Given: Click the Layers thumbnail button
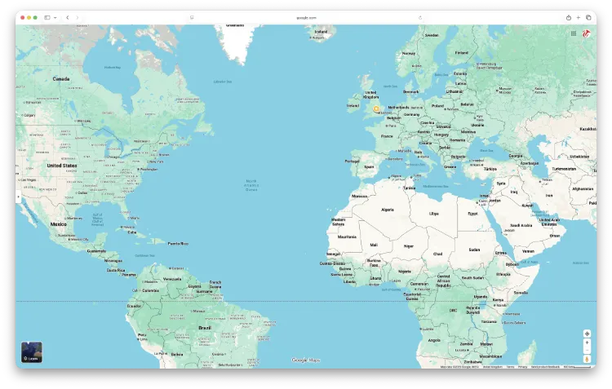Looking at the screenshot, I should coord(32,351).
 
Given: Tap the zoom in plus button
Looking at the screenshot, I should coord(587,343).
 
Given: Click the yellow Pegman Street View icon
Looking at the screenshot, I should coord(587,359).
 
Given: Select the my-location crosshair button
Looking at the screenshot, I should coord(587,334).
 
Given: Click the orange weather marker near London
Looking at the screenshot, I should coord(376,108).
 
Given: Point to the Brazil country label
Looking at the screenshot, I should coord(204,327).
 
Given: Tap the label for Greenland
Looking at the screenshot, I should coord(234,25).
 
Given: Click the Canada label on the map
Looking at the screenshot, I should coord(61,79).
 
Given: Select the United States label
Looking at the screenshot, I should coord(62,166).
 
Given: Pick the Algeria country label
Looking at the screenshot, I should coord(387,210).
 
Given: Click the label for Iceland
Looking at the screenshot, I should coord(321,32).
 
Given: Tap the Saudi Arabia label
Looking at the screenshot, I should coord(521,225).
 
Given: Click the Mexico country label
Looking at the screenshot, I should coord(58,223).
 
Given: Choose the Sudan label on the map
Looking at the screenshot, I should coord(475,250).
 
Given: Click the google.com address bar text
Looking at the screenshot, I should coord(306,17).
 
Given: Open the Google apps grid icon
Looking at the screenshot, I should coord(574,33).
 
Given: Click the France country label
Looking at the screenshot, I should coord(387,136).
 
